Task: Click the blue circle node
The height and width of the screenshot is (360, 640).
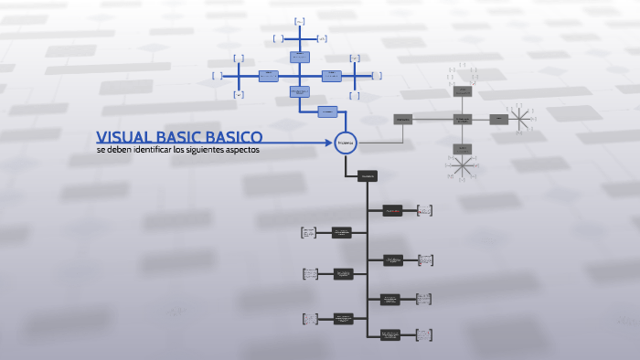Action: click(x=344, y=143)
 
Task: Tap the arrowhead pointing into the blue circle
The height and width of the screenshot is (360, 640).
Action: click(x=330, y=143)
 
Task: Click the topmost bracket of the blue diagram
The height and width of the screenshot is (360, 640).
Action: click(x=300, y=20)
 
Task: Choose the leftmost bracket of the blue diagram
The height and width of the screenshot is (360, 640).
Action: click(x=217, y=75)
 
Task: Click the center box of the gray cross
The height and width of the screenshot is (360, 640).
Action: click(x=463, y=119)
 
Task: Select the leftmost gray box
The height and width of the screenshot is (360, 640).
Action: click(x=402, y=119)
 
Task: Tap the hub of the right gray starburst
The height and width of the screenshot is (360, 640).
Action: click(x=521, y=119)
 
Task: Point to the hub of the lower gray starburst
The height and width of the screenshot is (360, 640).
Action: click(x=463, y=164)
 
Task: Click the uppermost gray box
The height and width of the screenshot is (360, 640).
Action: click(x=463, y=91)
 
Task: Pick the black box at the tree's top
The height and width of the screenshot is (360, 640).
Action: click(x=368, y=175)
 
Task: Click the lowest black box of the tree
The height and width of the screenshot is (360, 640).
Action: click(x=390, y=335)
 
